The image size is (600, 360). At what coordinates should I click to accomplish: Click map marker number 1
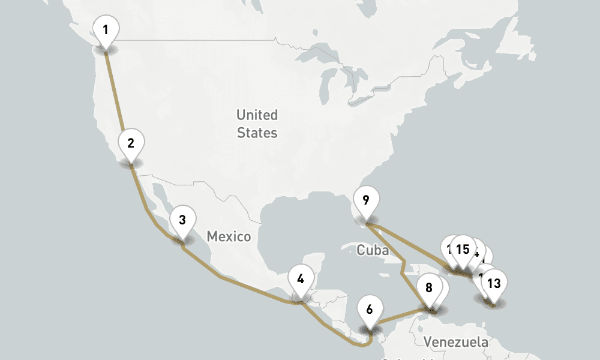click(x=106, y=29)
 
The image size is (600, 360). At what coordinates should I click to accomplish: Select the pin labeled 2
click(x=131, y=143)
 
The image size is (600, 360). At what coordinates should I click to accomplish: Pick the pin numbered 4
click(x=301, y=279)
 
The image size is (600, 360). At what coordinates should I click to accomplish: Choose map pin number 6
click(x=370, y=310)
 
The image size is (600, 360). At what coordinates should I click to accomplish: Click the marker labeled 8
click(x=428, y=287)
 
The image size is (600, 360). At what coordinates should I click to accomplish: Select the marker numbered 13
click(x=494, y=283)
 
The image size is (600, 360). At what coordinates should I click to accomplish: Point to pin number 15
click(x=463, y=249)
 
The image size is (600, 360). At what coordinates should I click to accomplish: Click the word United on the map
click(x=257, y=115)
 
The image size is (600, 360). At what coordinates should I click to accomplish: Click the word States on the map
click(x=257, y=133)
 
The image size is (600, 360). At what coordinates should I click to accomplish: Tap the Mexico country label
click(x=229, y=236)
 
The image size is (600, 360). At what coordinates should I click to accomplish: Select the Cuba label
click(x=368, y=250)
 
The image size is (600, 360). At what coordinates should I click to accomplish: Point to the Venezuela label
click(x=456, y=343)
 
